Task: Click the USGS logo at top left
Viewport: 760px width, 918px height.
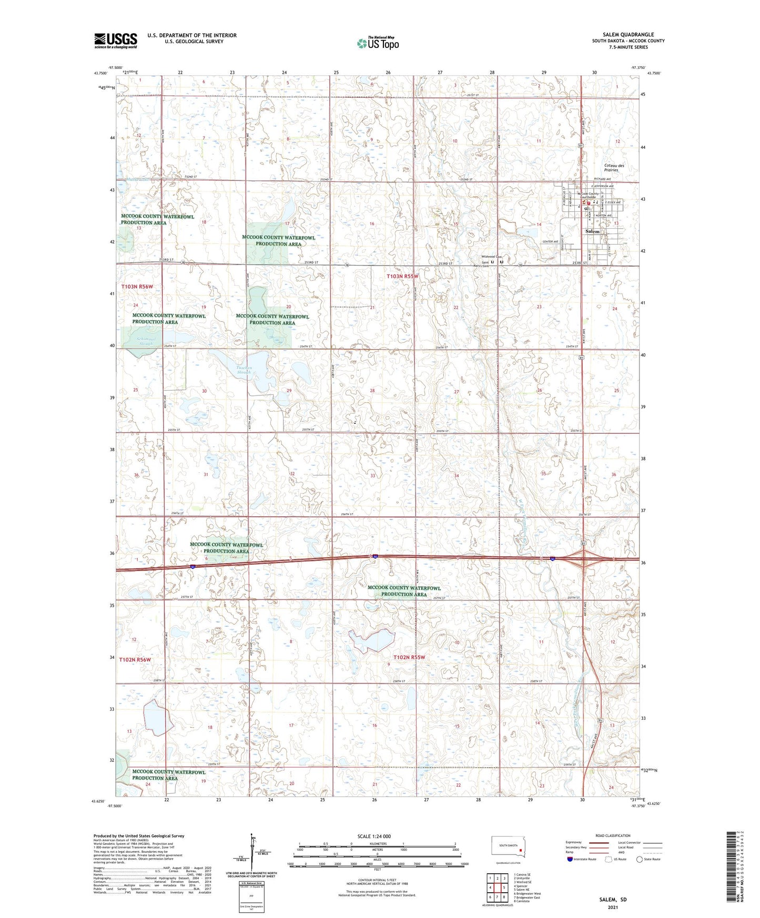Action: [116, 40]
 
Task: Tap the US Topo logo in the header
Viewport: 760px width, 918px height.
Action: [378, 43]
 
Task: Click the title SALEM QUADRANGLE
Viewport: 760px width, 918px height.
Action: [628, 35]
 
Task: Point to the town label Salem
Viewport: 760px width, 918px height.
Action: [592, 231]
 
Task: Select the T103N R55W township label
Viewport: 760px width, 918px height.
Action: [402, 276]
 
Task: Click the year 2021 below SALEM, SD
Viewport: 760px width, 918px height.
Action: [612, 907]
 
